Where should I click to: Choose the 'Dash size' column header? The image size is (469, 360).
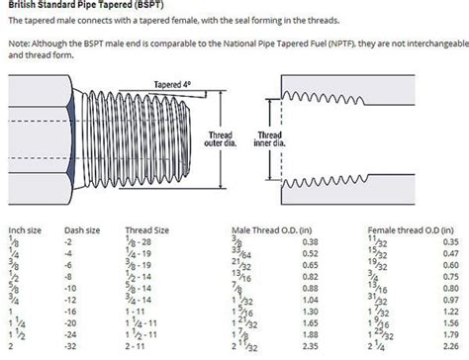[x=82, y=228]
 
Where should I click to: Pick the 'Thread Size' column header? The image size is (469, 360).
[x=146, y=228]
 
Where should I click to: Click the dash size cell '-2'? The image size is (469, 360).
[x=69, y=241]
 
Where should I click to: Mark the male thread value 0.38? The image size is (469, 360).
[x=309, y=241]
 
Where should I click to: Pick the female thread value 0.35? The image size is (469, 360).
[x=451, y=241]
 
